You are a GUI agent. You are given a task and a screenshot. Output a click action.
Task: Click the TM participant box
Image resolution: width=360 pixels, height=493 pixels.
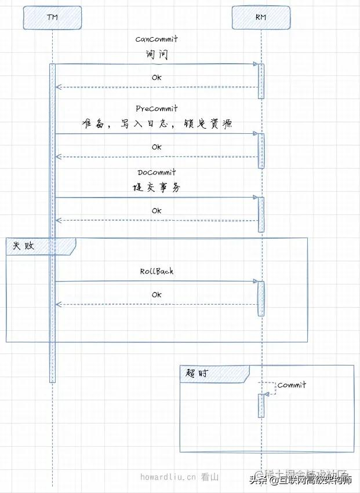tap(52, 17)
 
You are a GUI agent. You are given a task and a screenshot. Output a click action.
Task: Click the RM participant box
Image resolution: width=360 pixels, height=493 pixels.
tap(261, 17)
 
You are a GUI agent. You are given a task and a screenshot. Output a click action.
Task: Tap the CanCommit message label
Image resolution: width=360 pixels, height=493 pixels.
tap(157, 39)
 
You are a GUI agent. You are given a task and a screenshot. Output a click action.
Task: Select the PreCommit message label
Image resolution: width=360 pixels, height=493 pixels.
tap(157, 109)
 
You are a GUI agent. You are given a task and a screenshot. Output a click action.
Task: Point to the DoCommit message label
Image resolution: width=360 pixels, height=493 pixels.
tap(157, 173)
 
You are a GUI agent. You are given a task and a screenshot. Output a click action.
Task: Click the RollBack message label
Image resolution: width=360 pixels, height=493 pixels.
tap(157, 271)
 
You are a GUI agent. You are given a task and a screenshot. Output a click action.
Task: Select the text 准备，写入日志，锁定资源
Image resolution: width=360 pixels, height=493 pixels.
tap(157, 123)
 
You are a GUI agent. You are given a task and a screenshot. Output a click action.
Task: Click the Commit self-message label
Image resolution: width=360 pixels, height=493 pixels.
tap(292, 385)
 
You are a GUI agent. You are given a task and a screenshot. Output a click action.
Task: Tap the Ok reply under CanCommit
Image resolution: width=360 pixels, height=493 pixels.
tap(157, 78)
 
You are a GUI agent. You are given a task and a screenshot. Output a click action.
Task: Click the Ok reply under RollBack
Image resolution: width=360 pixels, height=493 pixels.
tap(157, 295)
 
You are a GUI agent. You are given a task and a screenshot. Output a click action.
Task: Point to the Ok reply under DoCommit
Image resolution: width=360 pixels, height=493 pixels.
tap(157, 211)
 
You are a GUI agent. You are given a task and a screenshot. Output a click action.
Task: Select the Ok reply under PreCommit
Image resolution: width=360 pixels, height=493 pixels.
tap(157, 147)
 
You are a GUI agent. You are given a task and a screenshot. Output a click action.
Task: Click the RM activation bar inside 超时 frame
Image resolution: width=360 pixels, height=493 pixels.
tap(261, 405)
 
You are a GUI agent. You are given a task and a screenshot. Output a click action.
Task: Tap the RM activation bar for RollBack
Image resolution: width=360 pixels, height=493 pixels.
tap(261, 298)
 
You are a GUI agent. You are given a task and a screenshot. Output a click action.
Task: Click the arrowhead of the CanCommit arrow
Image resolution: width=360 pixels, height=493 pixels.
tap(254, 64)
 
